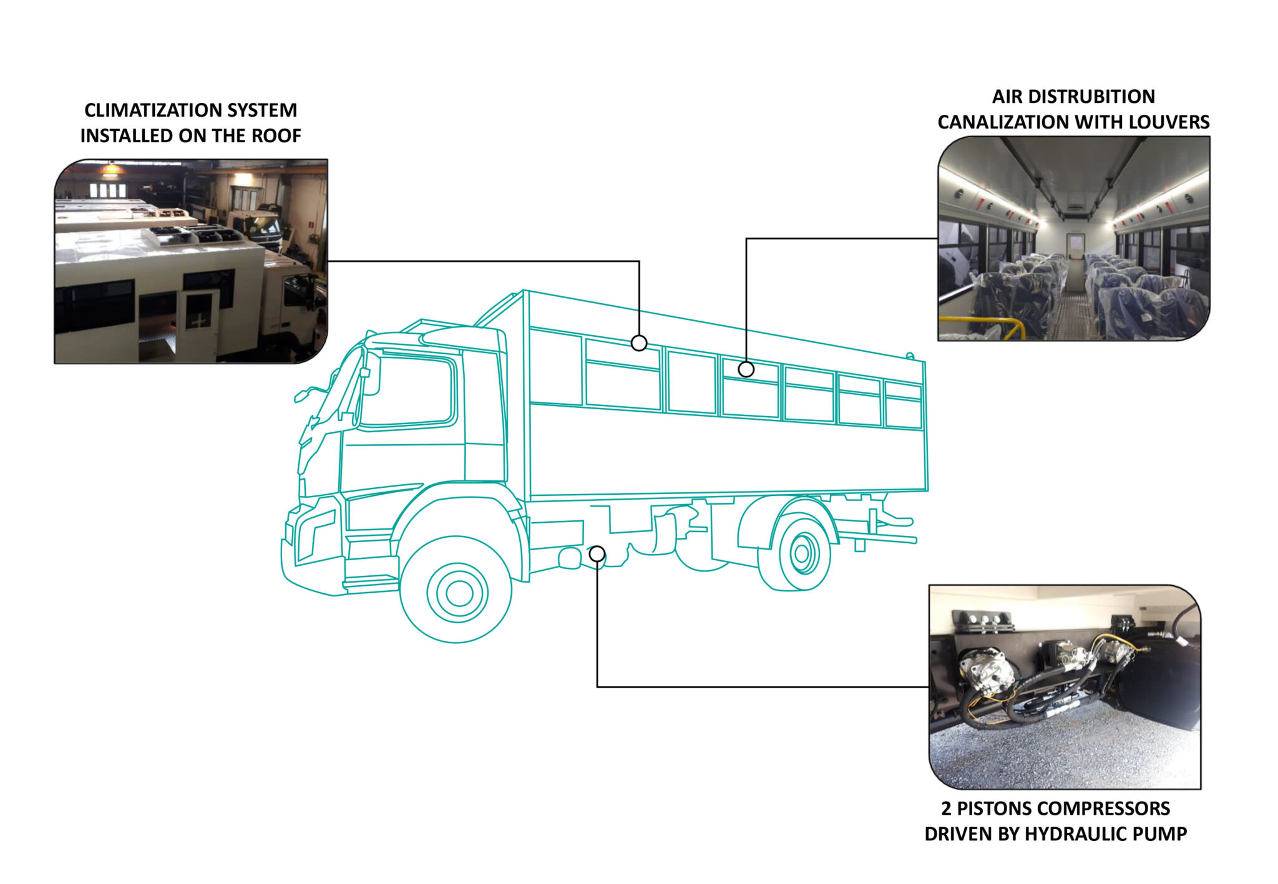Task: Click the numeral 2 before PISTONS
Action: [947, 809]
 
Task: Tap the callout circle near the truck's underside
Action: [597, 553]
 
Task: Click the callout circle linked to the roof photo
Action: [639, 342]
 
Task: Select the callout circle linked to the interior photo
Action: [746, 369]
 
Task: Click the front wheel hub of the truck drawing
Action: [459, 593]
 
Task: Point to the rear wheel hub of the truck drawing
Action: [803, 553]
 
